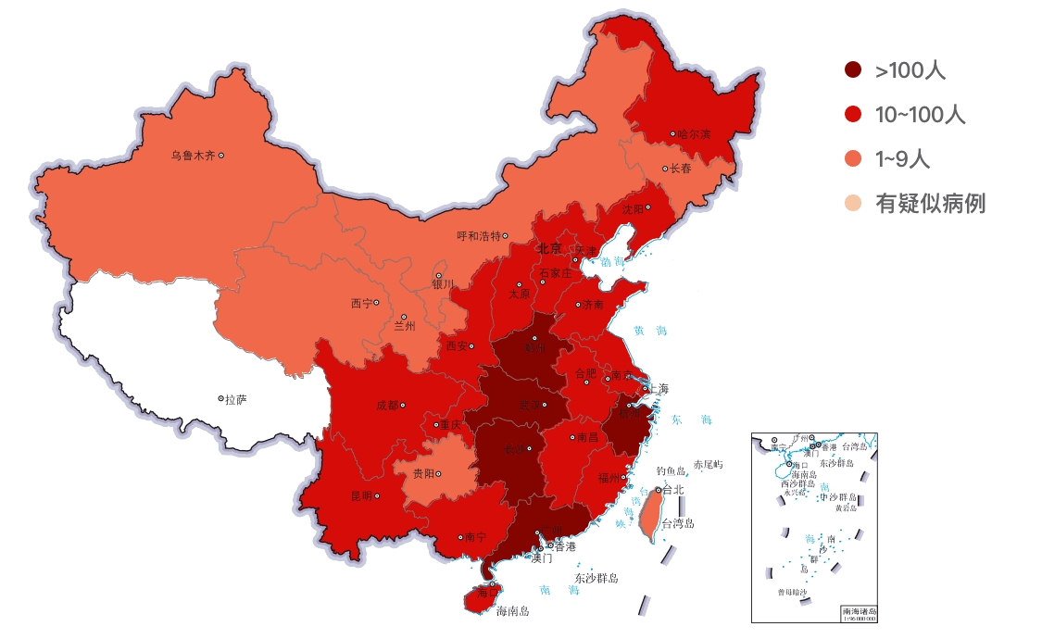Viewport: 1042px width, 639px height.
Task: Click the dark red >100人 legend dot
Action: (853, 69)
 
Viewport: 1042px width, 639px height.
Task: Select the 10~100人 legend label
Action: (920, 115)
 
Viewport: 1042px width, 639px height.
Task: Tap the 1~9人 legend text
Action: (902, 159)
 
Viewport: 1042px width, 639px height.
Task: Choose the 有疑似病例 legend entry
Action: (930, 204)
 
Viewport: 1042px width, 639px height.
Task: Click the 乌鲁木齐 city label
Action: (192, 156)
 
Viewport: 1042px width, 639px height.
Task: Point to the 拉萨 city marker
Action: (221, 398)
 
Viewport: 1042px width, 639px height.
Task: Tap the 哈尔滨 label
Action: (694, 134)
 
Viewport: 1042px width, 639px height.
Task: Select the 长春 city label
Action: (681, 169)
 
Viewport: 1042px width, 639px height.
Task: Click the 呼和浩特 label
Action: (478, 236)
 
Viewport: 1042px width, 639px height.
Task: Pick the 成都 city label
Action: (387, 405)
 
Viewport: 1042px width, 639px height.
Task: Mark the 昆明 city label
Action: (361, 495)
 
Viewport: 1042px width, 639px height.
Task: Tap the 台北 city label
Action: (672, 489)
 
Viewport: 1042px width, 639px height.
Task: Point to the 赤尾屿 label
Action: (708, 464)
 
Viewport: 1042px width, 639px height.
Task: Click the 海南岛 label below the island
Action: (512, 611)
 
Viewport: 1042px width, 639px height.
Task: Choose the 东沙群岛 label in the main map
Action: (596, 578)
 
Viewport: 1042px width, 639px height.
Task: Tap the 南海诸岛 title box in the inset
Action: (859, 613)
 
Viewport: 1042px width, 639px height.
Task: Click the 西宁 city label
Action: (361, 303)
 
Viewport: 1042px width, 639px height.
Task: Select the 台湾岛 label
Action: (677, 523)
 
